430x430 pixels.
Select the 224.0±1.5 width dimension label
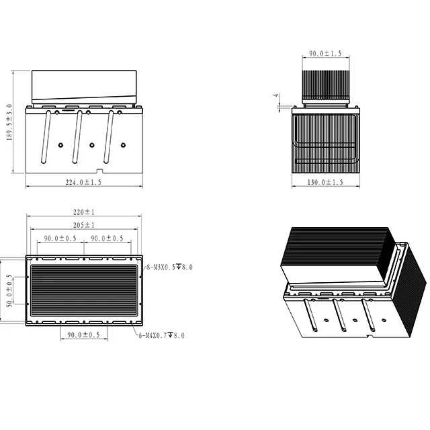(x=84, y=182)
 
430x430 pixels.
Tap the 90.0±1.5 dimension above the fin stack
(x=325, y=53)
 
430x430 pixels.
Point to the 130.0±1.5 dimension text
(x=325, y=182)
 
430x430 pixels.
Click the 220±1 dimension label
(x=84, y=212)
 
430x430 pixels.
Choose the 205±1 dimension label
(x=84, y=225)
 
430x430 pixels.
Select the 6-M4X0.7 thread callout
(x=162, y=335)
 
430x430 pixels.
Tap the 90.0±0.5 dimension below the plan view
(x=84, y=335)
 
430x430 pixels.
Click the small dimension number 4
(x=275, y=96)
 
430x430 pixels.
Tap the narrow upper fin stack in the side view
(x=325, y=83)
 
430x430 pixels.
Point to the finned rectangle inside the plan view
(x=84, y=292)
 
